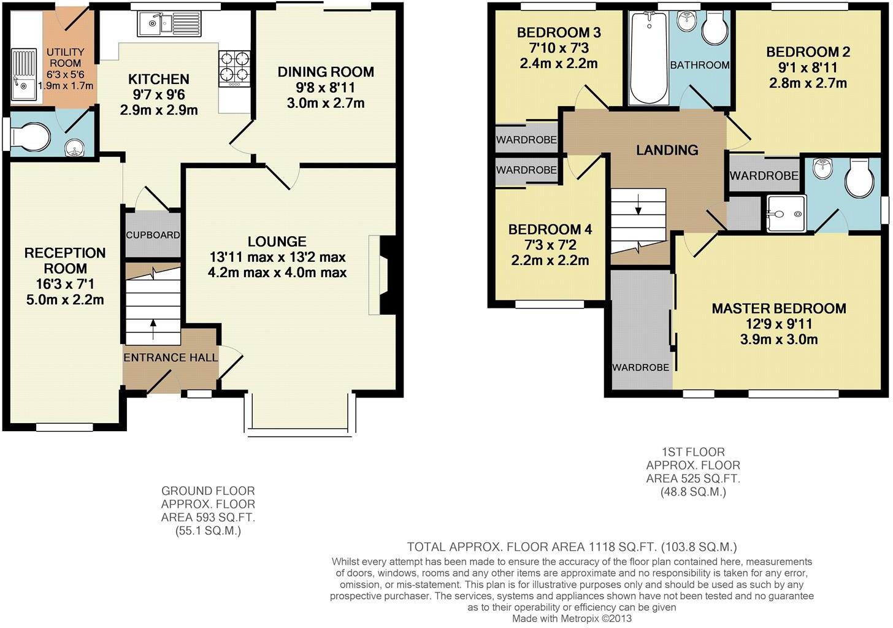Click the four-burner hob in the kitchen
[234, 69]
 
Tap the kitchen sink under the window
[169, 23]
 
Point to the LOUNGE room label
[277, 241]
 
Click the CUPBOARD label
[153, 235]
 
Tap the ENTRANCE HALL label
[171, 358]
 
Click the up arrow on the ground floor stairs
[153, 329]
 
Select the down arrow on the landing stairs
[638, 204]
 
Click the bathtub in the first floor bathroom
[649, 58]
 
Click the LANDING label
[667, 150]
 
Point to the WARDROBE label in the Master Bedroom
[640, 367]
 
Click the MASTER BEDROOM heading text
[779, 308]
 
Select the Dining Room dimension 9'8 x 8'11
[325, 87]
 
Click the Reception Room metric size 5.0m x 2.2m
[65, 299]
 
